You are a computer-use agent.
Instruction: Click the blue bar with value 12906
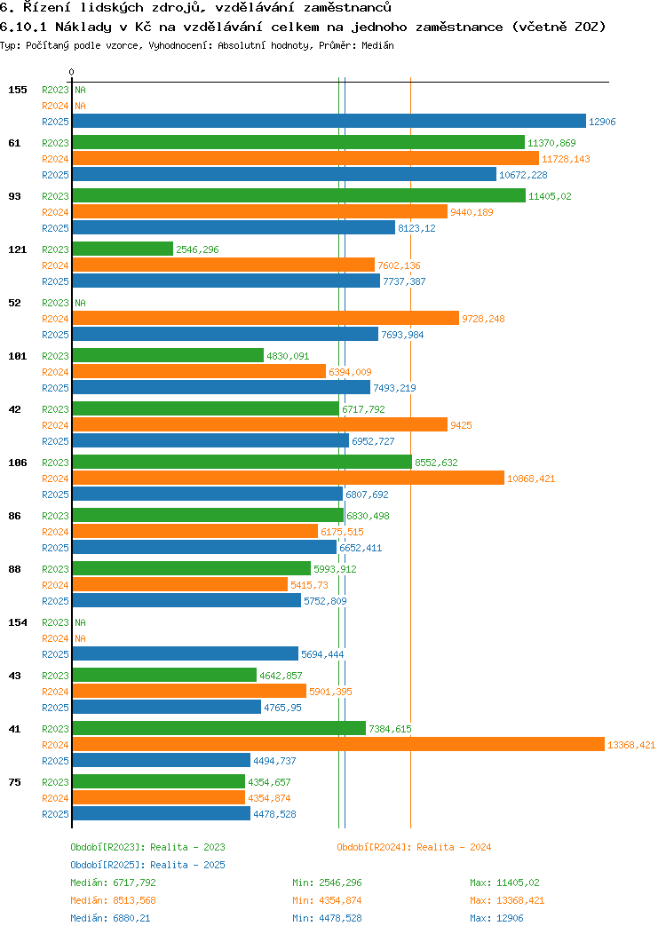coord(329,122)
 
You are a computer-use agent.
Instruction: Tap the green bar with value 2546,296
coord(123,249)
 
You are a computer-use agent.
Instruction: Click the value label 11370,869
coord(551,143)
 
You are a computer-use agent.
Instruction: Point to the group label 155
coord(18,90)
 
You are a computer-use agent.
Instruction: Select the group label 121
coord(18,249)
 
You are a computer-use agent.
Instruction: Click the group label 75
coord(15,782)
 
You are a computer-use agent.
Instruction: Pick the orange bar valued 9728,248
coord(266,319)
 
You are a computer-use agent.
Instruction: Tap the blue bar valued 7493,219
coord(221,388)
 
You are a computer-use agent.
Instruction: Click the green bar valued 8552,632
coord(242,463)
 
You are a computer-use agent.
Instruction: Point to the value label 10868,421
coord(531,479)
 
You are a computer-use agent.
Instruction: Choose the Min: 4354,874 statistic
coord(327,900)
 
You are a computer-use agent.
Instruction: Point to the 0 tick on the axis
coord(72,72)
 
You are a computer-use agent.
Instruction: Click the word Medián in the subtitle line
coord(378,45)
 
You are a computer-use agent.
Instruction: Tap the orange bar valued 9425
coord(259,425)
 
